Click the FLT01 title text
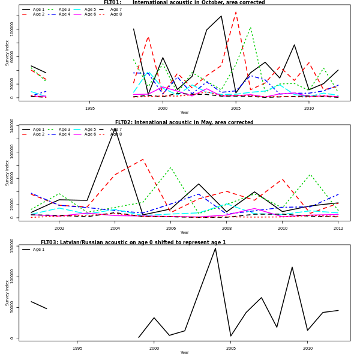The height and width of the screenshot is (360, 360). [184, 3]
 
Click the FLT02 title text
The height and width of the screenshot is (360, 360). [184, 122]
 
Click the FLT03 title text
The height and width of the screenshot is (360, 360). [133, 242]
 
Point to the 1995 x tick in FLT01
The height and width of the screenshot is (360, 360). [90, 108]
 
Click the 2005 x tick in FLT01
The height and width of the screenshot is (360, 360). [235, 108]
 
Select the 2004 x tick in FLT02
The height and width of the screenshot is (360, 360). [115, 228]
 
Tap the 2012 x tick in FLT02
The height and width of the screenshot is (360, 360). [338, 228]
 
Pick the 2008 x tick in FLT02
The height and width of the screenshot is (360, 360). [227, 228]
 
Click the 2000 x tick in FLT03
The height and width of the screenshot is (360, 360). [154, 348]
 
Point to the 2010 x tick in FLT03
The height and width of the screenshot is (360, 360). [308, 348]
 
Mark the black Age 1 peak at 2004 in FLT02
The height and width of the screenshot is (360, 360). [115, 128]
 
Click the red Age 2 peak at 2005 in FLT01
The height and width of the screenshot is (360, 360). [236, 12]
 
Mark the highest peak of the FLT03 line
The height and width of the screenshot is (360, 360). [215, 248]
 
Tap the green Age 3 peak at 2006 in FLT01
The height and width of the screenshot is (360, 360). [250, 27]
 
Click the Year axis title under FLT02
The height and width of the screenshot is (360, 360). [184, 233]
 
